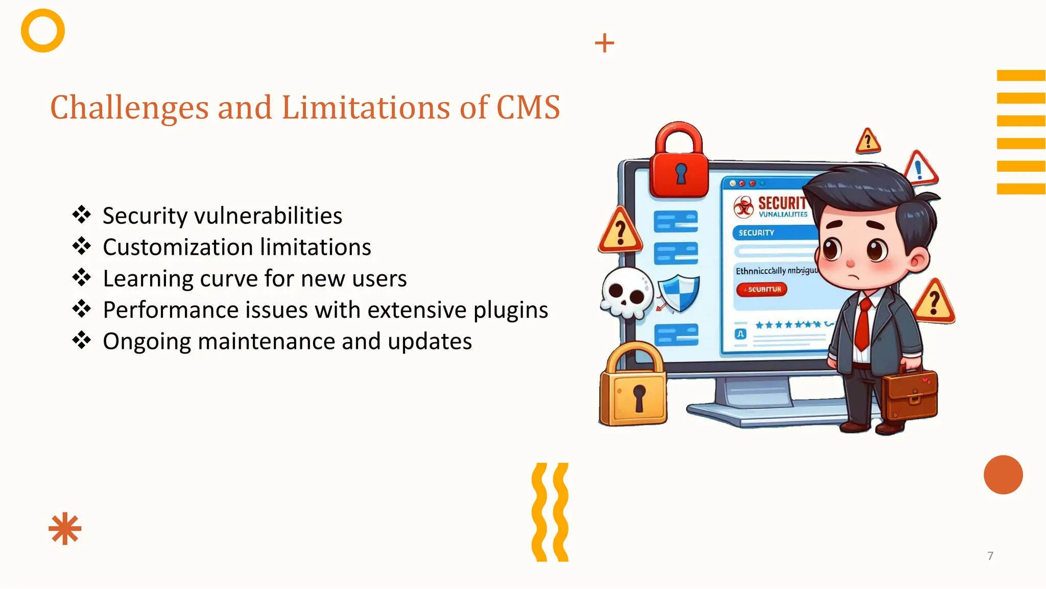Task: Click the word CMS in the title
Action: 528,108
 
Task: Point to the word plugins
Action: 510,310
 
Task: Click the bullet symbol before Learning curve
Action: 82,278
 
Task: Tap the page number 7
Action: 990,556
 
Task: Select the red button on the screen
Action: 762,290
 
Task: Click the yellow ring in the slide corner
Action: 43,31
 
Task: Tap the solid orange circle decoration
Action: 1003,475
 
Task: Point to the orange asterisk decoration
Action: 65,529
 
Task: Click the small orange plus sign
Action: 604,43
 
